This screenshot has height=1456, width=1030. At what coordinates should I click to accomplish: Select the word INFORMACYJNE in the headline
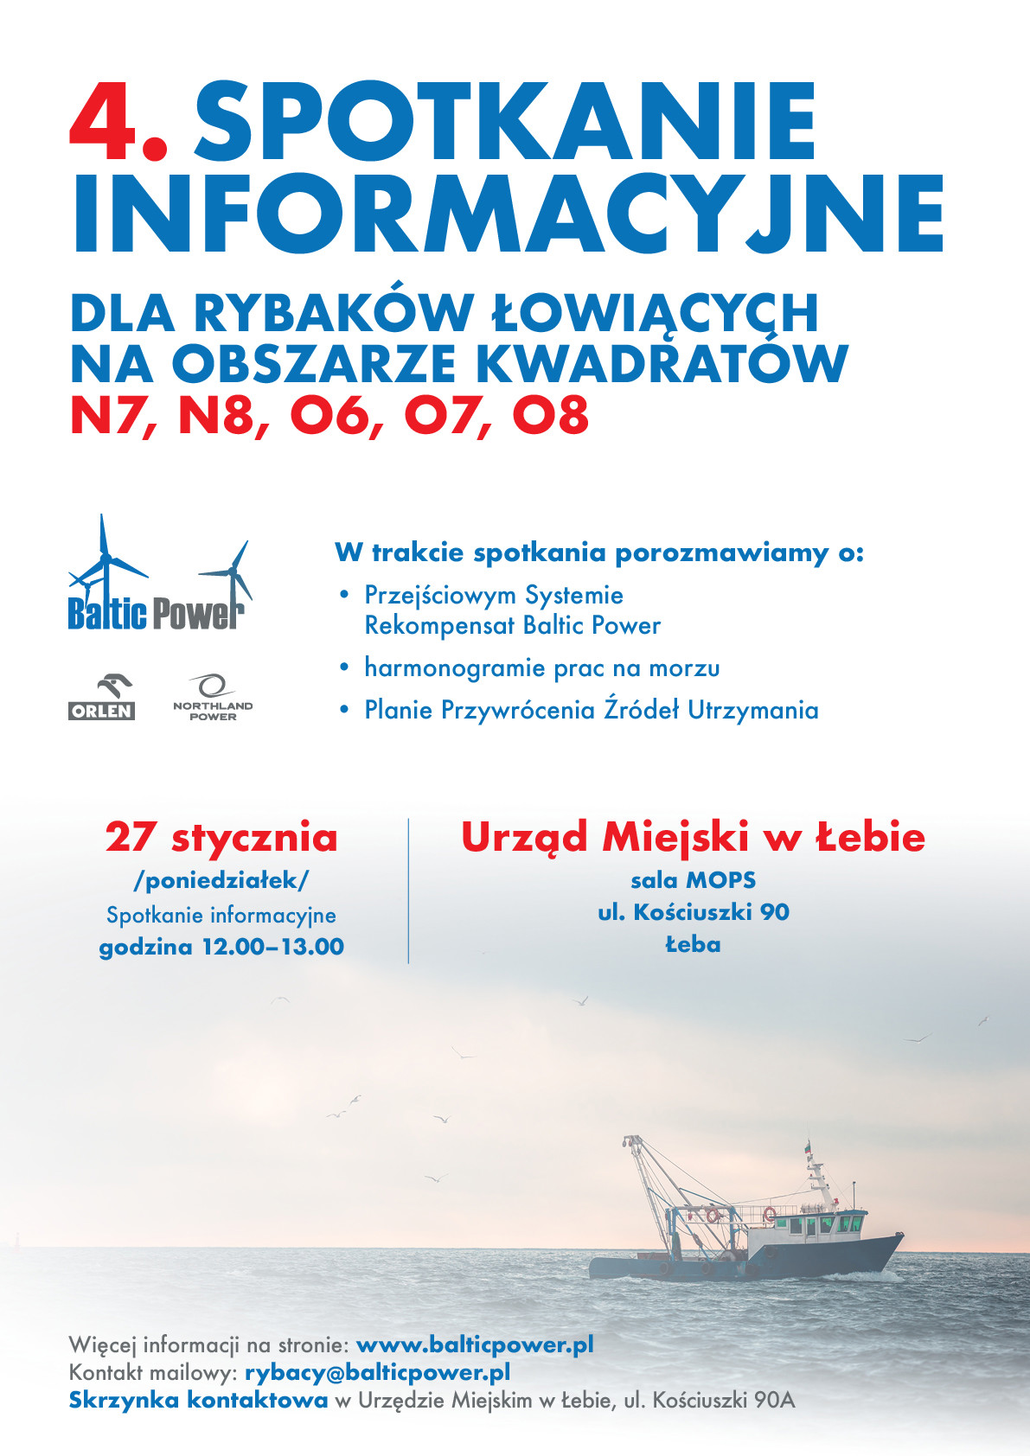(x=508, y=214)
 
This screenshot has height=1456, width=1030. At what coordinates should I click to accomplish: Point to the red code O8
(x=550, y=416)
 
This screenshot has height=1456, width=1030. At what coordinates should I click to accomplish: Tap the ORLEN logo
(x=102, y=699)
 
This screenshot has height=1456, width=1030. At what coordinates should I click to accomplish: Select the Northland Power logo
(x=213, y=699)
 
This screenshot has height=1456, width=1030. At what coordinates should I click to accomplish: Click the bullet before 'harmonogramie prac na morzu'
(x=345, y=667)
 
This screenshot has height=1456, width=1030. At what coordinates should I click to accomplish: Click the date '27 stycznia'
(x=221, y=837)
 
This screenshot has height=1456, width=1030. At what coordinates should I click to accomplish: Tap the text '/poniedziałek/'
(x=221, y=880)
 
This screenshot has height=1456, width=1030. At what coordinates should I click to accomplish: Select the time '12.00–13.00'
(x=272, y=947)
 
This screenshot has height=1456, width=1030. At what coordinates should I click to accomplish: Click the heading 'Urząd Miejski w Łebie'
(x=693, y=837)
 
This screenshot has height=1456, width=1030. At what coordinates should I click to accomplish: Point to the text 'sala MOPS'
(x=693, y=880)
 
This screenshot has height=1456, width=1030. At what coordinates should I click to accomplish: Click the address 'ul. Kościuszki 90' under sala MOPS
(x=693, y=912)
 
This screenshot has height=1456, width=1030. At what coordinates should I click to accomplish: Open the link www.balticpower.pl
(x=475, y=1344)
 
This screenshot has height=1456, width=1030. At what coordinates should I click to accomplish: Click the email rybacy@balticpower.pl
(x=377, y=1372)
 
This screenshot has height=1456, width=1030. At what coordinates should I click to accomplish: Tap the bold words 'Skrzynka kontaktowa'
(x=198, y=1400)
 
